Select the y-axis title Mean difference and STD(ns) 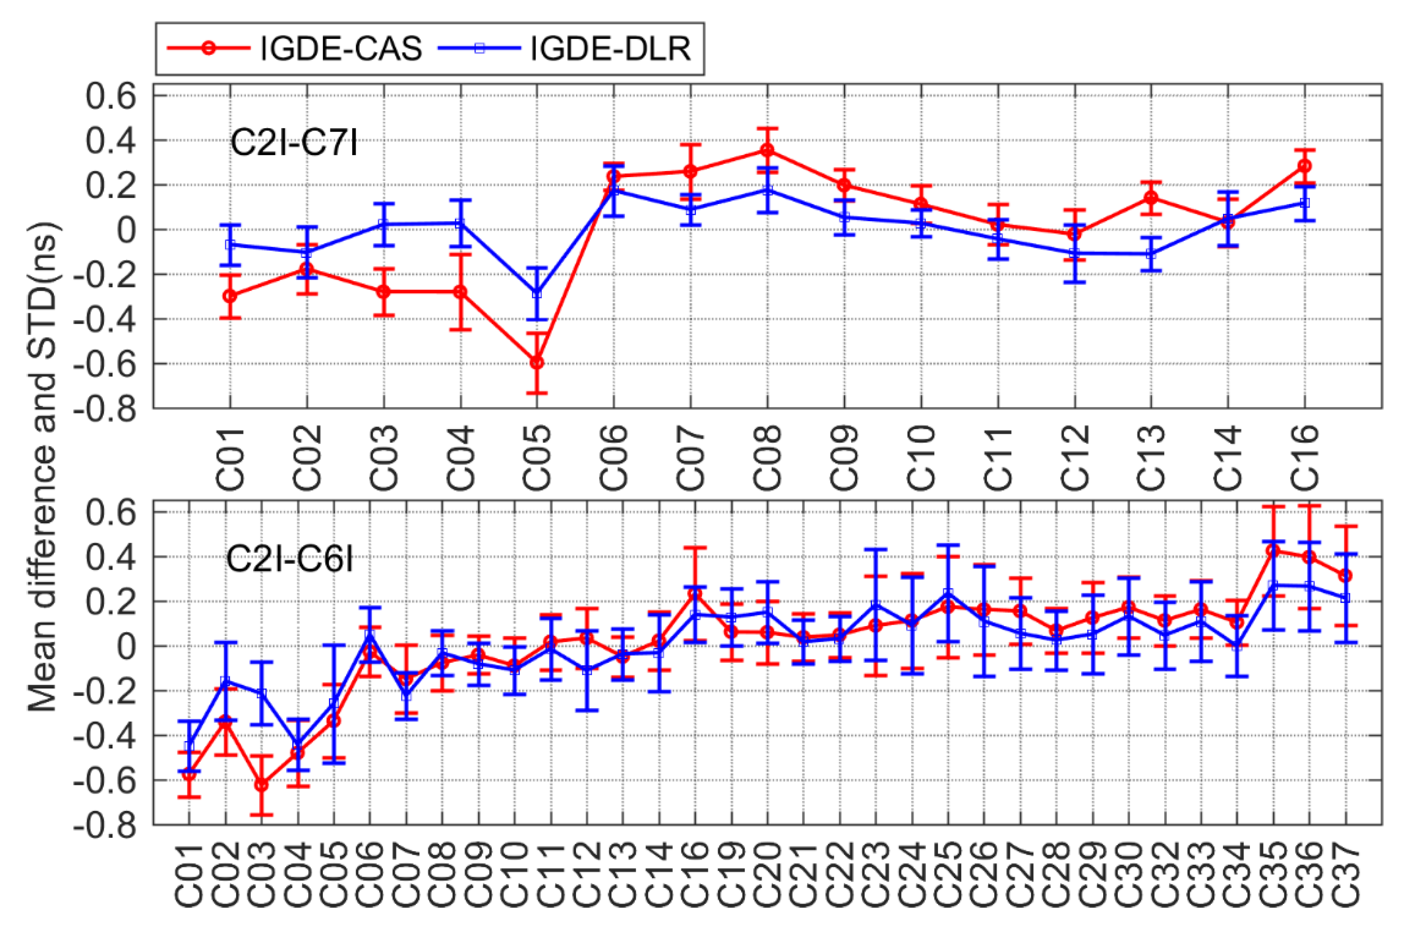(x=43, y=467)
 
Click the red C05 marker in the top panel (x=536, y=362)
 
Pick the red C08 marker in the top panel (x=767, y=150)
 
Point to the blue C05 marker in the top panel (x=536, y=293)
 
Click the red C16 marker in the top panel (x=1304, y=165)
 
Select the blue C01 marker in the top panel (x=230, y=244)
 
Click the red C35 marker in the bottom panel (x=1273, y=550)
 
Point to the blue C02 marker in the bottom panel (x=225, y=682)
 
